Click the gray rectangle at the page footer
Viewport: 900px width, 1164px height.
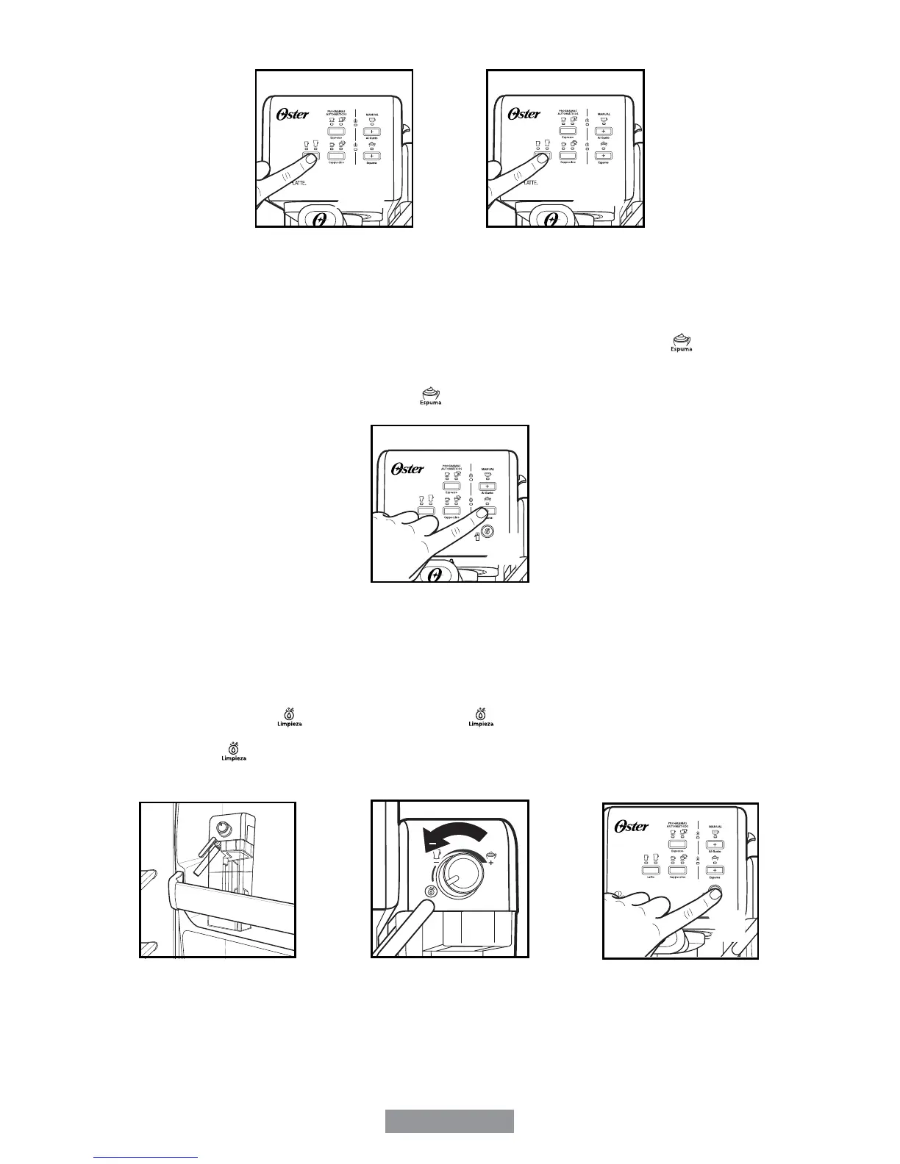pos(449,1121)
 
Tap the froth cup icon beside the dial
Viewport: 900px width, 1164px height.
pos(489,855)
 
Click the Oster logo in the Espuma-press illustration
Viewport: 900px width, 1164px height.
pos(408,468)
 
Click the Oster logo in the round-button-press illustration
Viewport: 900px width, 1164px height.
pos(632,826)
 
